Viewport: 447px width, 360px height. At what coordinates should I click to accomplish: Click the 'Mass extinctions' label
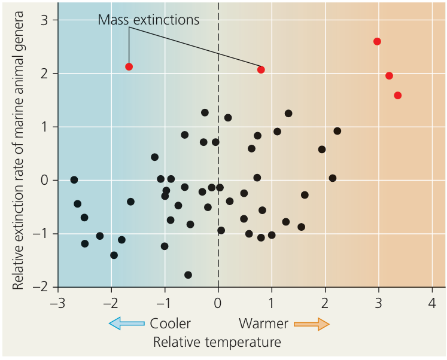[x=148, y=20]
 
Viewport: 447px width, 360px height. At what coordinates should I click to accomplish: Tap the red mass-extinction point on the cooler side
[x=129, y=66]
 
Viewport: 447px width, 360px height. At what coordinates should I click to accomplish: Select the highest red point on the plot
[x=377, y=41]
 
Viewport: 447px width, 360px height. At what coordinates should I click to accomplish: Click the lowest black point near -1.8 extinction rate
[x=188, y=275]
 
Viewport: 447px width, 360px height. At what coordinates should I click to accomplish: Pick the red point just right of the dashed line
[x=261, y=70]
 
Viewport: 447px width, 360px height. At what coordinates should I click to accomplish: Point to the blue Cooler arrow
[x=126, y=324]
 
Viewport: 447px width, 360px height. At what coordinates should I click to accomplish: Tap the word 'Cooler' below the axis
[x=170, y=324]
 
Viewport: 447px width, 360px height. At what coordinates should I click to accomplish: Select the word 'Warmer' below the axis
[x=263, y=324]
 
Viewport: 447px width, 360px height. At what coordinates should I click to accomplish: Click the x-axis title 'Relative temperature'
[x=217, y=342]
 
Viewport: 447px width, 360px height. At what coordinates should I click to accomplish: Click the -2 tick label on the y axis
[x=43, y=287]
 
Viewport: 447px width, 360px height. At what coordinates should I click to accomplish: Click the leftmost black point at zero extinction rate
[x=74, y=180]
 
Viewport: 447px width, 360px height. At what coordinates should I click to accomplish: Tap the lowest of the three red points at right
[x=397, y=95]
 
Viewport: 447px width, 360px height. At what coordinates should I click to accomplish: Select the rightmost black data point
[x=337, y=131]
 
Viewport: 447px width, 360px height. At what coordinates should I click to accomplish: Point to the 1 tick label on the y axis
[x=46, y=127]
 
